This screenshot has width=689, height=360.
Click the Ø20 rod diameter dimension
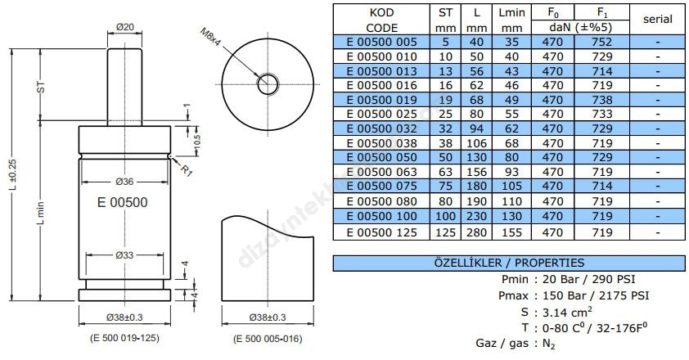[x=124, y=27]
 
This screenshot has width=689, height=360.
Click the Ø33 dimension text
[x=124, y=255]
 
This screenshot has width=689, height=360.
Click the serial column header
[x=657, y=19]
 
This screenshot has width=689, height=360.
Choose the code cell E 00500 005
[x=381, y=41]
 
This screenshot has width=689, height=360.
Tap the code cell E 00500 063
[x=381, y=173]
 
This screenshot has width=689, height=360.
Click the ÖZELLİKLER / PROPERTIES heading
[x=508, y=263]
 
